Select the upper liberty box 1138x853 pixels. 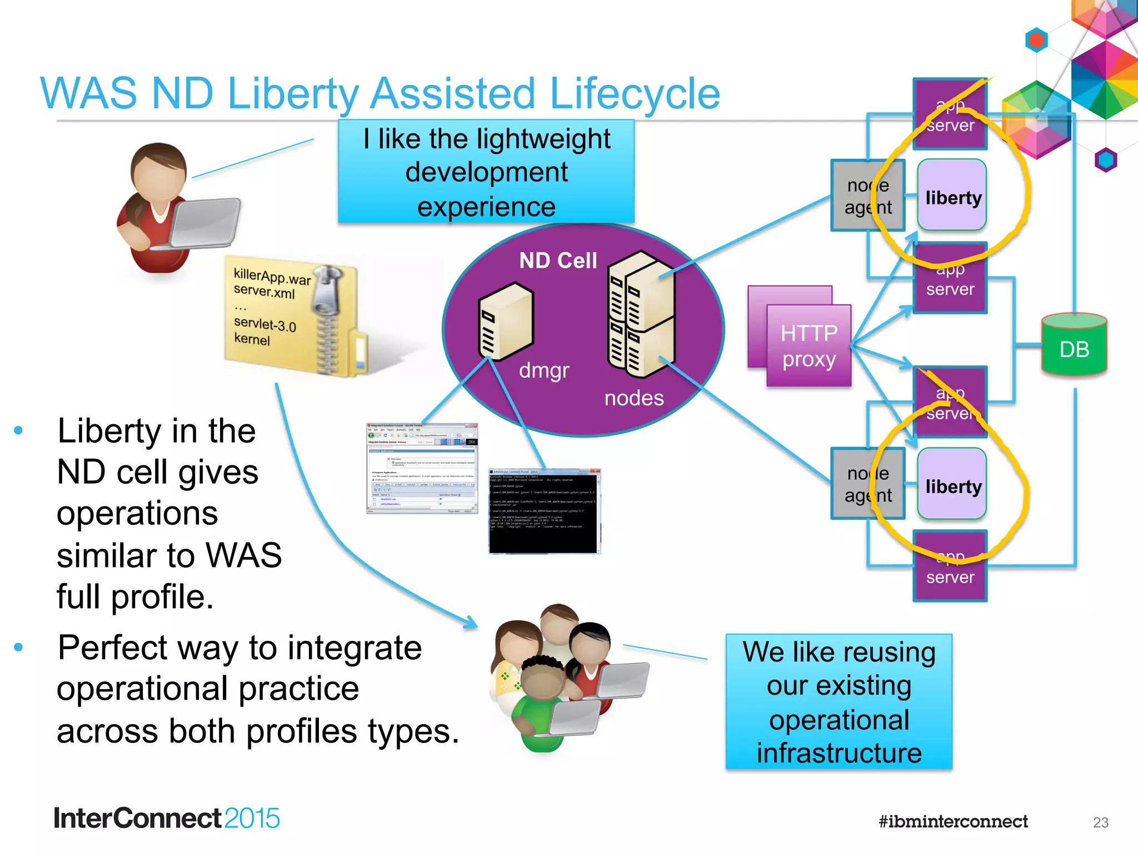tap(952, 195)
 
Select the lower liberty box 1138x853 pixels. tap(952, 484)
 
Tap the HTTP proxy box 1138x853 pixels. tap(808, 345)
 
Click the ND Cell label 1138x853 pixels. tap(557, 260)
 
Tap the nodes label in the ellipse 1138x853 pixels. tap(633, 398)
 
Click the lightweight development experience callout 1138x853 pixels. tap(486, 172)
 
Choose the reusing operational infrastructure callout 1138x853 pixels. tap(838, 701)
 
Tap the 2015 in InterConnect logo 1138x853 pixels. tap(252, 818)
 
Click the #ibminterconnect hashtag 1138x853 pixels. tap(952, 821)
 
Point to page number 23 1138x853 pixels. tap(1100, 822)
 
